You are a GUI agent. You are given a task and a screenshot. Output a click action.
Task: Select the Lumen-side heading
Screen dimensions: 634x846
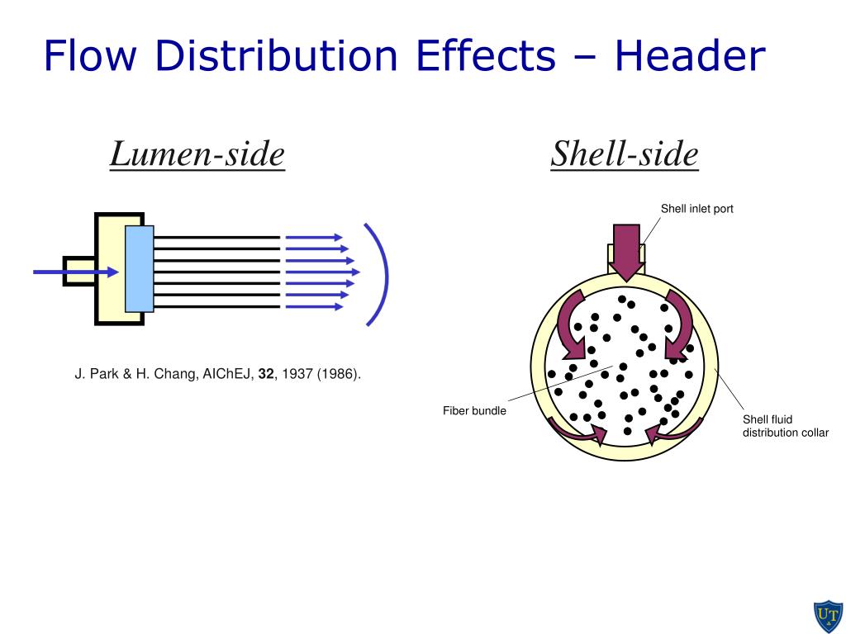pyautogui.click(x=197, y=154)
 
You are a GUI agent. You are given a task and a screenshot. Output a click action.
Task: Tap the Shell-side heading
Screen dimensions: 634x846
pyautogui.click(x=625, y=154)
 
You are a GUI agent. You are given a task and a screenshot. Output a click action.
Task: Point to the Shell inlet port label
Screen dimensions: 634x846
pyautogui.click(x=696, y=209)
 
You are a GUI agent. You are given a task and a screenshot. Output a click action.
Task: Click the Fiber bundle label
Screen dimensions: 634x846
pyautogui.click(x=474, y=410)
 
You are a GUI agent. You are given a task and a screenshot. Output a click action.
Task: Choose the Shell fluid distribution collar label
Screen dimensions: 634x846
pyautogui.click(x=784, y=426)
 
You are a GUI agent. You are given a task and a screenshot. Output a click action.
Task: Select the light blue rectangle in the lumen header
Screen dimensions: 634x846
pyautogui.click(x=139, y=268)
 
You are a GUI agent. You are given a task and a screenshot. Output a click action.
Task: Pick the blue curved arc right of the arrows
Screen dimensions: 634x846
pyautogui.click(x=378, y=273)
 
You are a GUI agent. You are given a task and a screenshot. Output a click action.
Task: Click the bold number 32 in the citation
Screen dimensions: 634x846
pyautogui.click(x=265, y=374)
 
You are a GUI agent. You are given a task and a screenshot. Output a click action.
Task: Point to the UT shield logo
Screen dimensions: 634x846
pyautogui.click(x=826, y=615)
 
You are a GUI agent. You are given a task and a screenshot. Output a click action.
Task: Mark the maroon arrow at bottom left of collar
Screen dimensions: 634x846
pyautogui.click(x=577, y=429)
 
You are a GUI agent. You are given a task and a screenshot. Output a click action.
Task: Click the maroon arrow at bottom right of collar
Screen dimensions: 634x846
pyautogui.click(x=675, y=429)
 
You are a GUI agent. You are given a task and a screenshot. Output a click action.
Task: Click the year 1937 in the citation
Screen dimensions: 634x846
pyautogui.click(x=296, y=374)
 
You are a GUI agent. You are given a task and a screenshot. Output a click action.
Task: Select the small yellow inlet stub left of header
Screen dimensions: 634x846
pyautogui.click(x=78, y=270)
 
